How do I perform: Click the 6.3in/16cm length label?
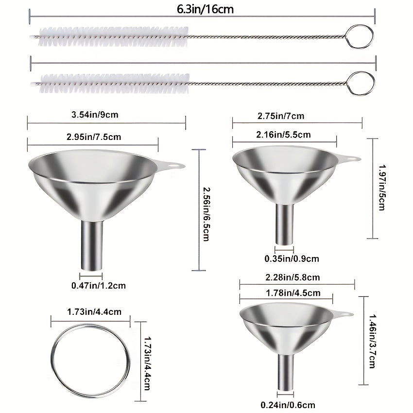(205, 9)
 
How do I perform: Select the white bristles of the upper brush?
(114, 36)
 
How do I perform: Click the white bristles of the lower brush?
(115, 84)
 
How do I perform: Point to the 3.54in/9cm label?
(95, 115)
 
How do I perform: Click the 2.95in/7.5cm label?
(94, 137)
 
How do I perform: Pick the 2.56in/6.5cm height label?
(206, 214)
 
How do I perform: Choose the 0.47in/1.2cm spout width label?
(99, 286)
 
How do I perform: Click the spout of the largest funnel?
(92, 245)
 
